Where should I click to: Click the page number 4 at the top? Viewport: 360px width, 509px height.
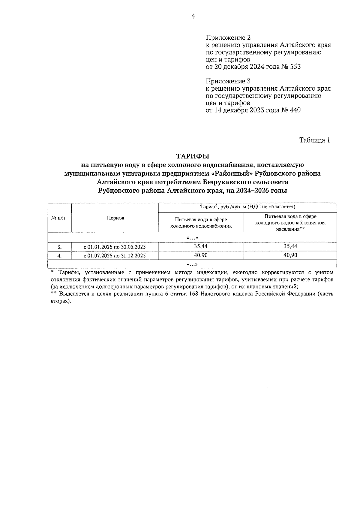193,17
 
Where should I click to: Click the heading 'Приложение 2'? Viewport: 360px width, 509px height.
228,38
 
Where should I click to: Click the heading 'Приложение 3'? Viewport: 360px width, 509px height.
228,81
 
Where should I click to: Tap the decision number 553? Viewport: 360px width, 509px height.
295,67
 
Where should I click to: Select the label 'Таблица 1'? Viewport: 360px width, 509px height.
315,140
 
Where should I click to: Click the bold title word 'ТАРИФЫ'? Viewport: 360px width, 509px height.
192,156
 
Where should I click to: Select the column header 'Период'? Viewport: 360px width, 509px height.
115,218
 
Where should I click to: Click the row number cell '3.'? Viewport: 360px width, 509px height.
59,247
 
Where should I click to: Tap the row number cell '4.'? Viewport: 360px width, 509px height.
59,256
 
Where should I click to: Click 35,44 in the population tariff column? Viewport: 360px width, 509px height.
290,246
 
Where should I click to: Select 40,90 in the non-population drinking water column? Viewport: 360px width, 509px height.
201,255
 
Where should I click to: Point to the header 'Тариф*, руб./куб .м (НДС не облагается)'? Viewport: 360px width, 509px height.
247,207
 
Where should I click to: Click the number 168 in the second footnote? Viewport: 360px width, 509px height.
195,294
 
